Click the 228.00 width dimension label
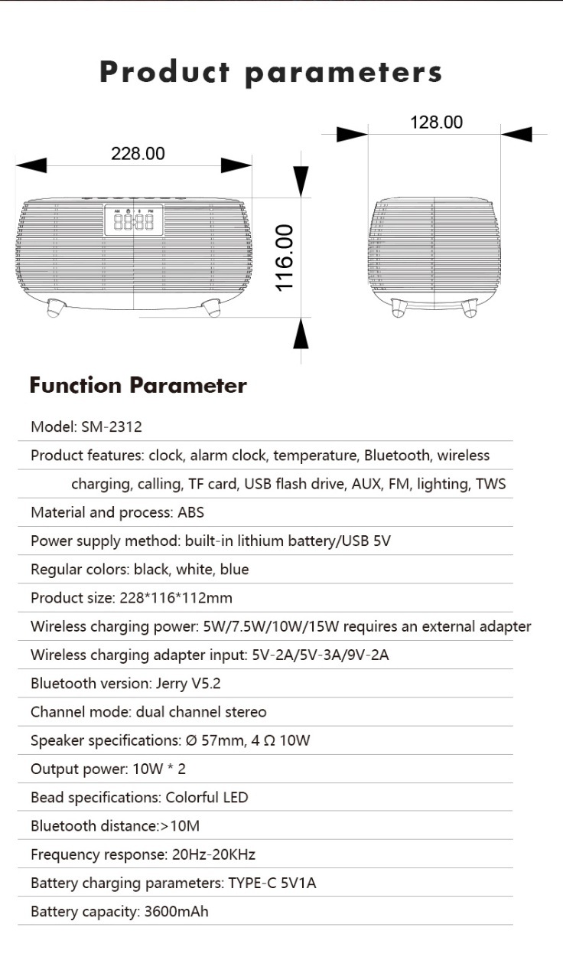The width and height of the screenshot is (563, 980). (138, 153)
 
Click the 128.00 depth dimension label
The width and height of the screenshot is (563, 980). (436, 122)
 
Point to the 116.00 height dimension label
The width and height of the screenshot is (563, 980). (285, 257)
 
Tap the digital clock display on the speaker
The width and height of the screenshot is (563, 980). (133, 222)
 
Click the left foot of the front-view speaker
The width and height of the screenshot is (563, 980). (56, 308)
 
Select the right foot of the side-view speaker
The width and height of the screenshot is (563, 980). (470, 308)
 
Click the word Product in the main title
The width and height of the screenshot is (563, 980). (164, 73)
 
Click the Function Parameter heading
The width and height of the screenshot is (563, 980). (138, 385)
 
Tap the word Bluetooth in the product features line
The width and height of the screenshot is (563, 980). (396, 456)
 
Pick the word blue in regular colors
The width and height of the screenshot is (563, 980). (233, 570)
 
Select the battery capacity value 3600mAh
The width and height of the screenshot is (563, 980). (176, 911)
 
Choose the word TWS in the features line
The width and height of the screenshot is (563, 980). (490, 484)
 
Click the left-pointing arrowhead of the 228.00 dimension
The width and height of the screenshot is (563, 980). (31, 165)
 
